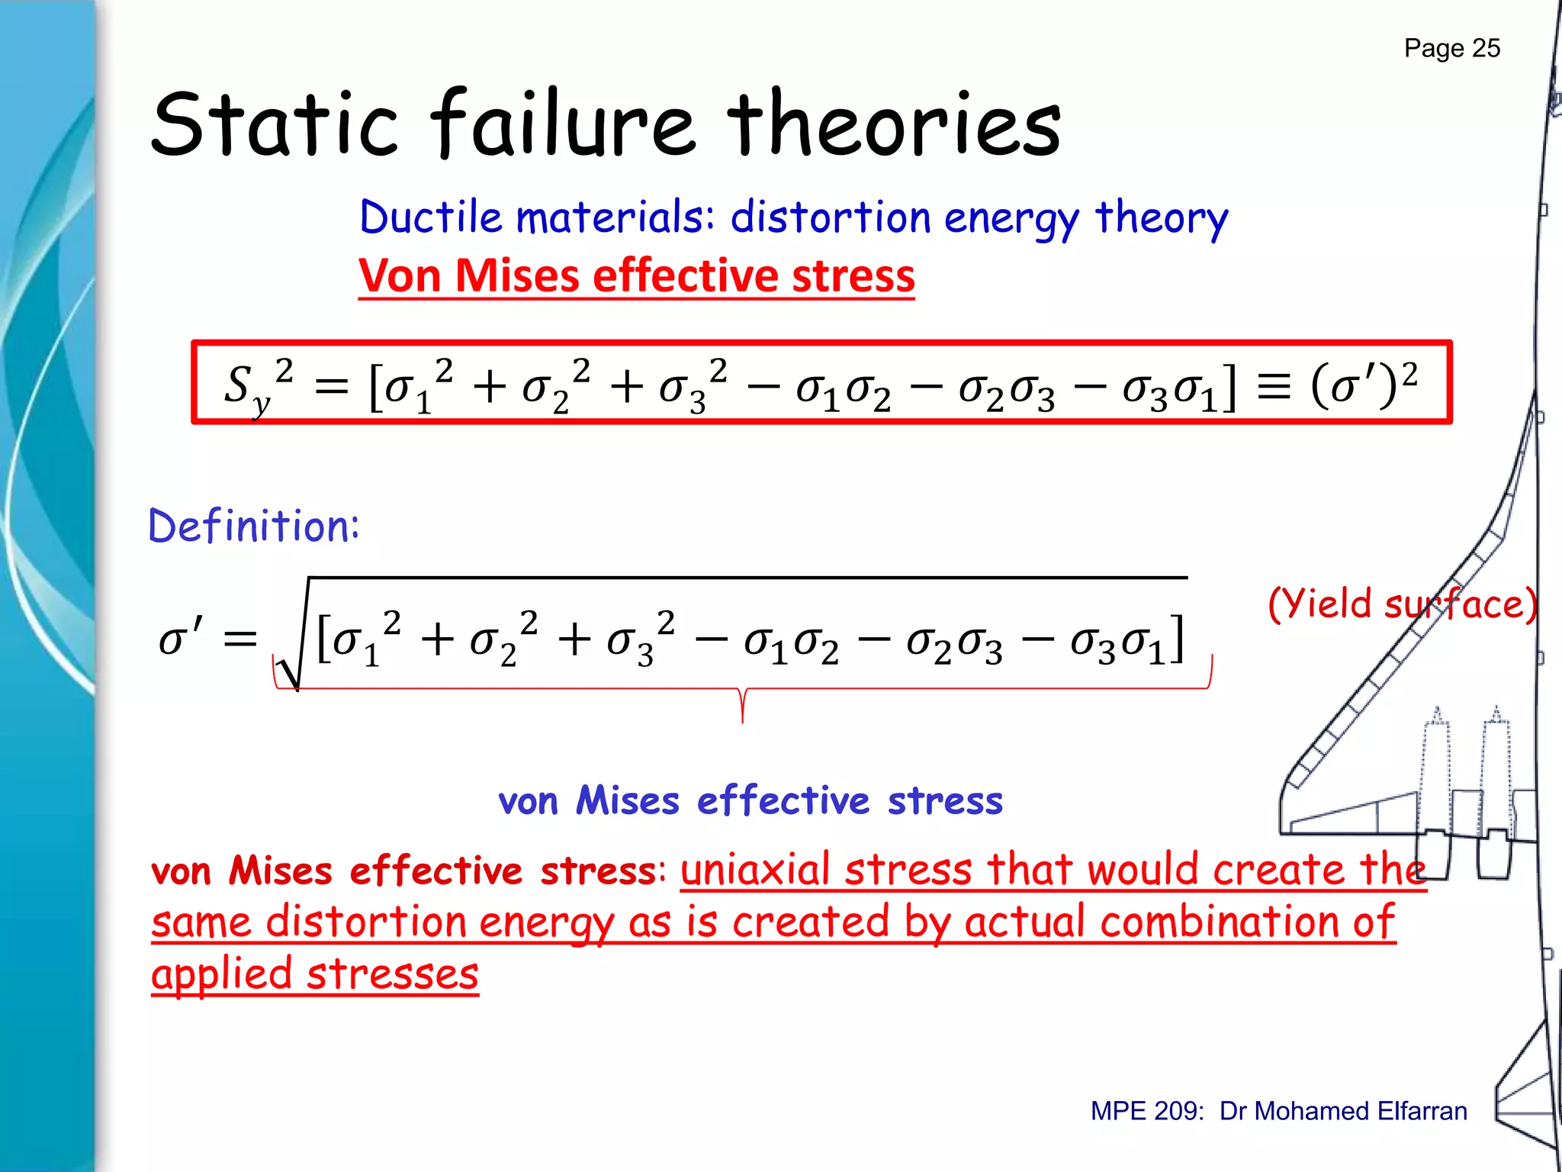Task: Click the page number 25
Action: (1485, 48)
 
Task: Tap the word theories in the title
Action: (893, 124)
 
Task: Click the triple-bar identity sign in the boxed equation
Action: (1274, 385)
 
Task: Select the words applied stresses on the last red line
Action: (314, 974)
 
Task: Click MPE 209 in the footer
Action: (1146, 1111)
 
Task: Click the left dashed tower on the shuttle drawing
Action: (1435, 771)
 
